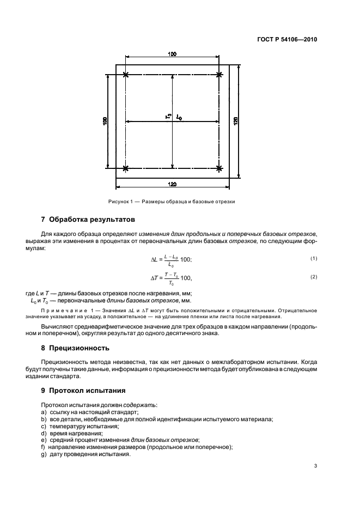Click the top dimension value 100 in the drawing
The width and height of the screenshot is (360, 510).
[x=172, y=54]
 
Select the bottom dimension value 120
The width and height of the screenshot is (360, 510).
[x=173, y=184]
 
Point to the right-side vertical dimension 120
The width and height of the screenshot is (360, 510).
[x=236, y=120]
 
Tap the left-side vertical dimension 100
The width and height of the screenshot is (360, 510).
[x=105, y=120]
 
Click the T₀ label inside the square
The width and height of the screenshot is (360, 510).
[x=168, y=116]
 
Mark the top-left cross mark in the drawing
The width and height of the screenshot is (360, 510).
[x=126, y=75]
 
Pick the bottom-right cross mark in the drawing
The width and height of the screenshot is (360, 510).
[x=219, y=167]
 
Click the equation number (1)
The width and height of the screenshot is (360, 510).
[x=314, y=257]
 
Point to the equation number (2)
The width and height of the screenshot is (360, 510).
[x=314, y=277]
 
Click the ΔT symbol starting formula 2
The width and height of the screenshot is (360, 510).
[x=155, y=278]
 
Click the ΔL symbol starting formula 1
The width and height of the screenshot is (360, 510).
[x=155, y=259]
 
